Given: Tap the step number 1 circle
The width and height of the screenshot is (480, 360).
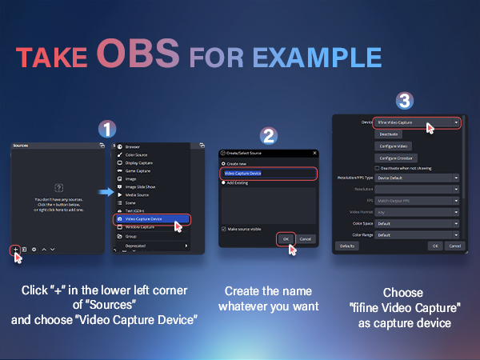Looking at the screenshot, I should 106,130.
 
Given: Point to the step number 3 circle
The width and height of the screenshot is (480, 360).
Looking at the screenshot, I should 405,101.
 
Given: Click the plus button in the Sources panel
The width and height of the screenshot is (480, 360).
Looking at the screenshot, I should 15,250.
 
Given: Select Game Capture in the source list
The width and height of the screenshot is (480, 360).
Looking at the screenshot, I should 140,171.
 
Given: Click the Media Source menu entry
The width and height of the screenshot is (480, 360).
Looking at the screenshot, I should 138,194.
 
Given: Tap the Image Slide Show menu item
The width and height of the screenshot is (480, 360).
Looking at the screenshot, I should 142,186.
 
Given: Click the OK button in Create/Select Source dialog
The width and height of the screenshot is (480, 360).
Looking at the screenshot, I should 285,238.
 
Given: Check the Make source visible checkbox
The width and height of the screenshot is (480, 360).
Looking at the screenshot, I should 223,228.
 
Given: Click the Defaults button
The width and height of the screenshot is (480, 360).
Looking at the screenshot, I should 346,246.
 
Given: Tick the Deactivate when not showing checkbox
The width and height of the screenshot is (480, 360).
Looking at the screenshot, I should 378,167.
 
